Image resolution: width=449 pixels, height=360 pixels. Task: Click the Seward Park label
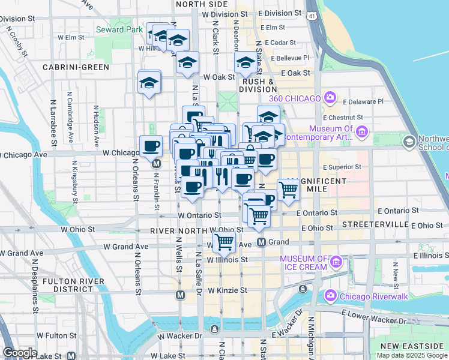[x=119, y=29]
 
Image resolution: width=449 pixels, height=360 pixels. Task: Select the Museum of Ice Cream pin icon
[x=336, y=262]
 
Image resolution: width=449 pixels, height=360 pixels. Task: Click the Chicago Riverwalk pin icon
[x=330, y=296]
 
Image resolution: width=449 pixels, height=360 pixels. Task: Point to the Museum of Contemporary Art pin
[x=361, y=131]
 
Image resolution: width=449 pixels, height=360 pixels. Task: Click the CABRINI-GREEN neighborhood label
[x=71, y=67]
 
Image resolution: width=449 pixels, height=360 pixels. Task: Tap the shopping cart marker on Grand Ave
[x=224, y=242]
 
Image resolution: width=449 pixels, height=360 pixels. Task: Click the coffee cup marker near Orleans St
[x=151, y=145]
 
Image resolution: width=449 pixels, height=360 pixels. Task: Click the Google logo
[x=20, y=353]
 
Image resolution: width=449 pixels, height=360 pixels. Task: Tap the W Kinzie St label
[x=227, y=290]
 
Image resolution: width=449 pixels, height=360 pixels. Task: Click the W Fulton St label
[x=56, y=335]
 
